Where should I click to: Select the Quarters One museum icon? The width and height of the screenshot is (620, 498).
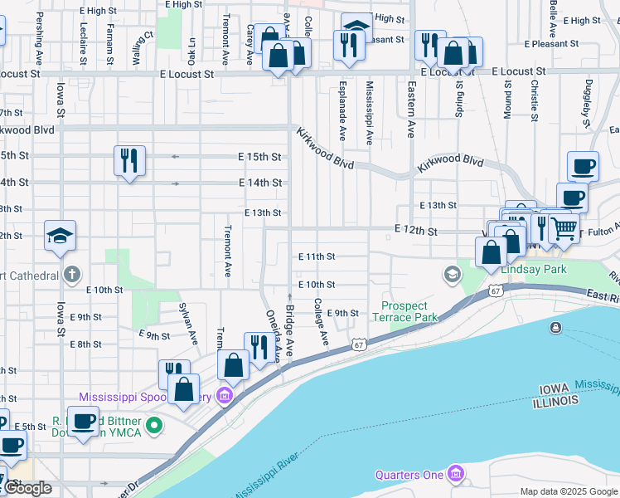click(x=455, y=474)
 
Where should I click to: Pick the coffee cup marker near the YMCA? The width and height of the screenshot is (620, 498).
click(x=84, y=421)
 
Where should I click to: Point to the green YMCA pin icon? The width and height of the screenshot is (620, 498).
click(x=153, y=427)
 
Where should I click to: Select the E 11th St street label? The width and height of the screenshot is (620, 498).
click(x=317, y=257)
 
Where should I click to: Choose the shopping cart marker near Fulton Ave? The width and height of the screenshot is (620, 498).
click(x=564, y=227)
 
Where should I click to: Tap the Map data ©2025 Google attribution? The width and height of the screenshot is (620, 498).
click(x=568, y=491)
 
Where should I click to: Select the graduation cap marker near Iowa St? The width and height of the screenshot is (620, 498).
click(x=60, y=237)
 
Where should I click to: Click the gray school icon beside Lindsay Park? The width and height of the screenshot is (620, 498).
click(x=452, y=273)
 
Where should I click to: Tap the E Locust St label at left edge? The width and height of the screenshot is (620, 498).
click(x=20, y=74)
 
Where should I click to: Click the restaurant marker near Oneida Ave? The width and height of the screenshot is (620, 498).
click(x=258, y=347)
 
